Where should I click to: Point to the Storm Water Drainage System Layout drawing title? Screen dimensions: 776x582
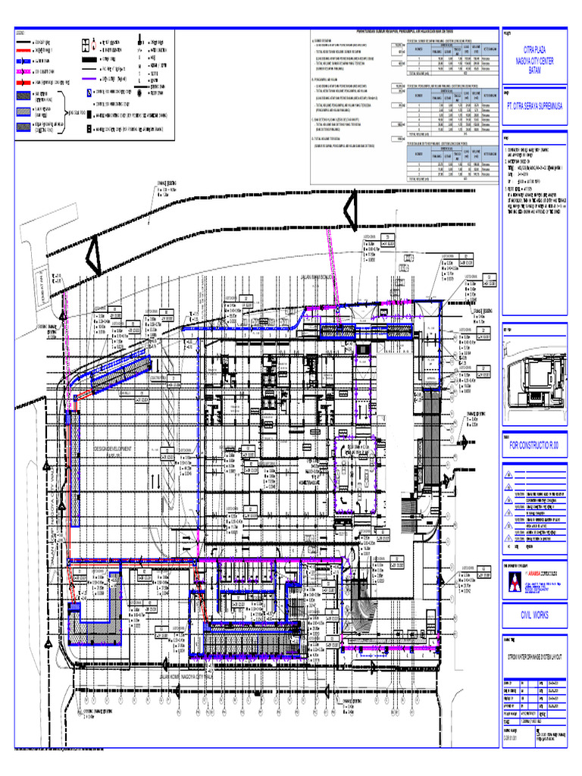click(x=533, y=656)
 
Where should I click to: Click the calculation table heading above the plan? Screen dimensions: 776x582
click(x=402, y=31)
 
